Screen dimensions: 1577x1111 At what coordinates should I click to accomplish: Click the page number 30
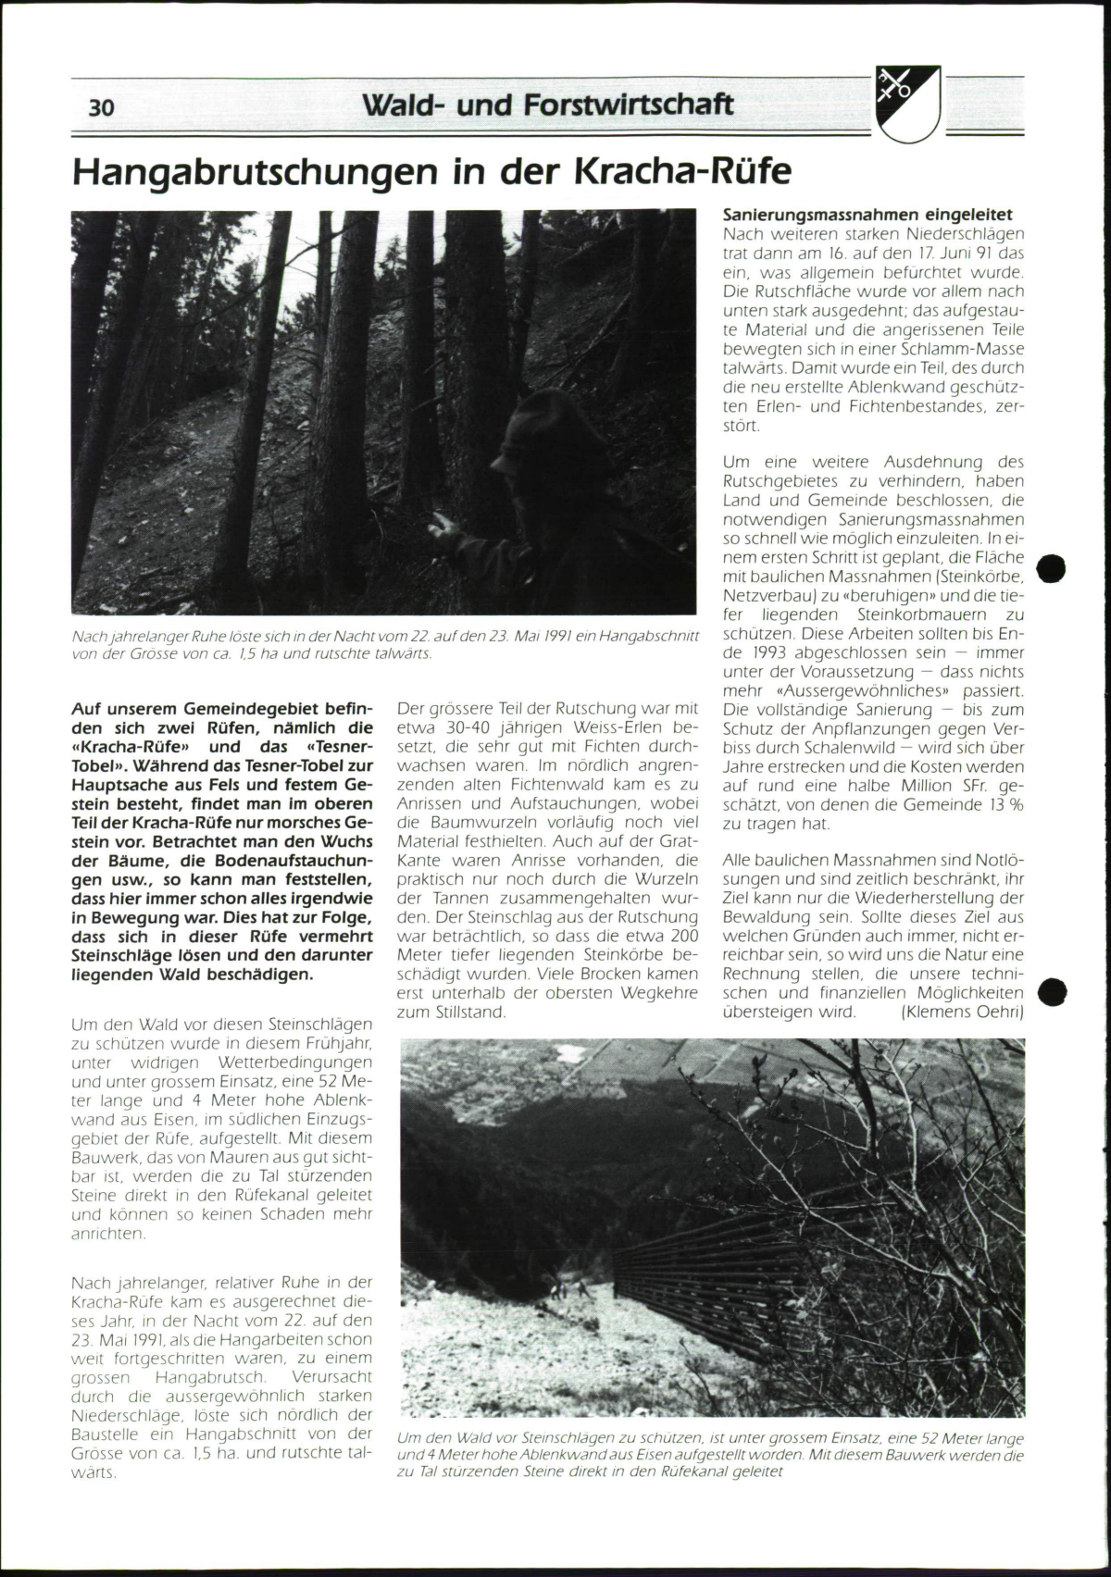(102, 107)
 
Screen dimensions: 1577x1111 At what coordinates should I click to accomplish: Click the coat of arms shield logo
(907, 104)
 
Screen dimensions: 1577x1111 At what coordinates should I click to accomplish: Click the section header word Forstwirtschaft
(629, 105)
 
